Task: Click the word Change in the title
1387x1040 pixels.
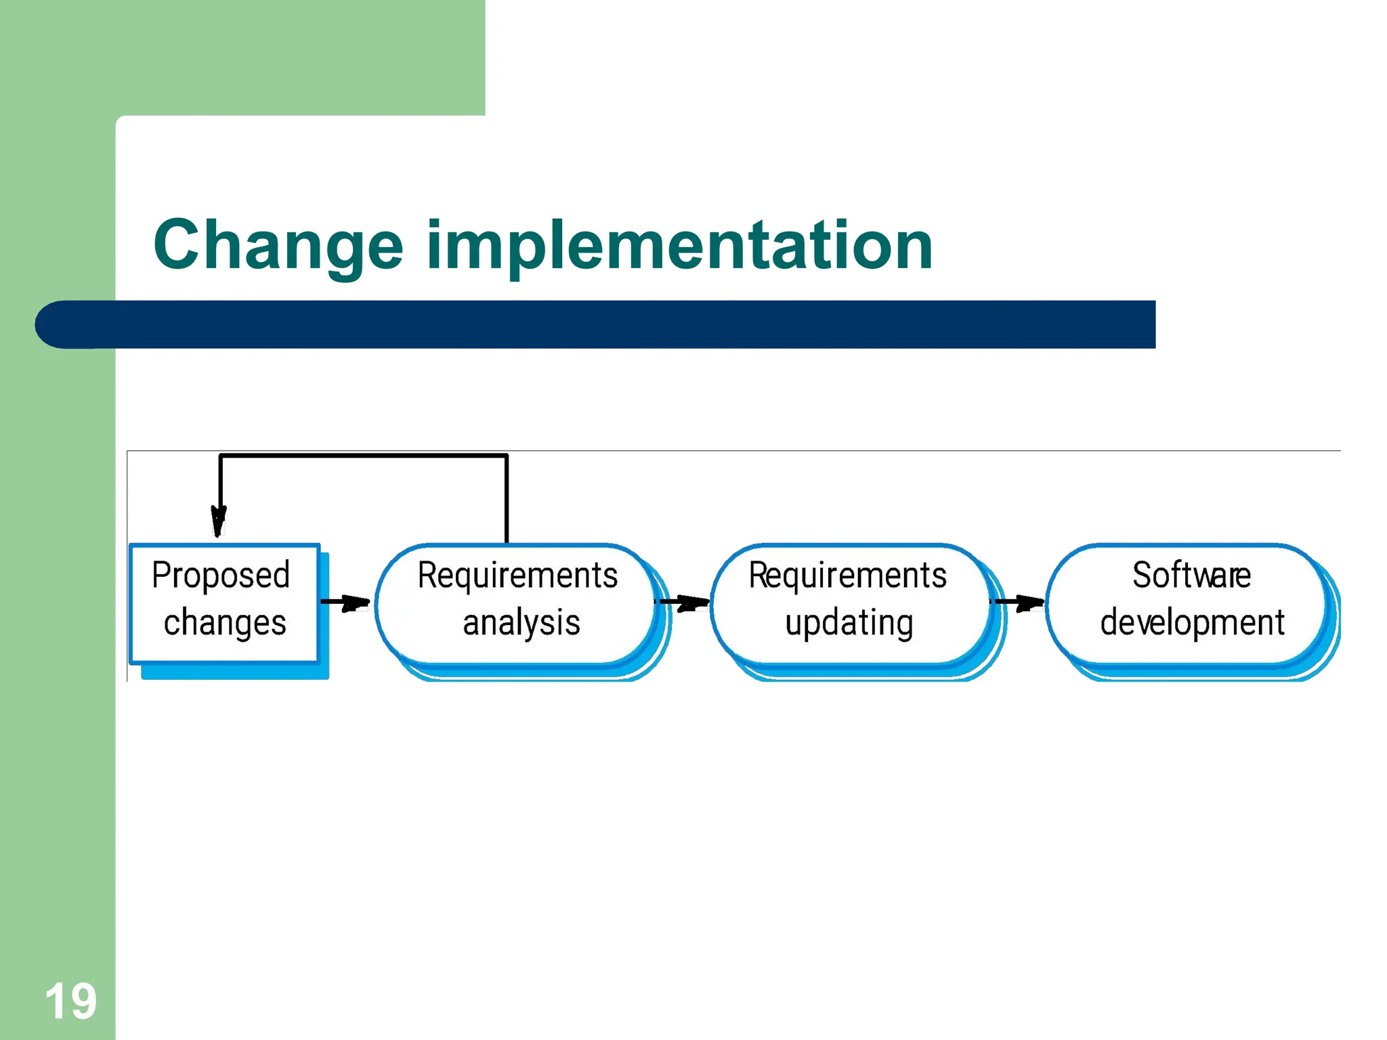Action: click(x=278, y=245)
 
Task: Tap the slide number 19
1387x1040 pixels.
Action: click(x=70, y=1001)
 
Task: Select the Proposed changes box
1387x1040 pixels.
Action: click(x=224, y=603)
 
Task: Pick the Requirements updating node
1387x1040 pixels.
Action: click(x=850, y=603)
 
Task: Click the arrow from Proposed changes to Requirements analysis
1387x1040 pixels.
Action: click(x=345, y=602)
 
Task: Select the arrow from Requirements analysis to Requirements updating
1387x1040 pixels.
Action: click(x=683, y=602)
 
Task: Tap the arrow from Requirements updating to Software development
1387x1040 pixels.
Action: click(x=1019, y=602)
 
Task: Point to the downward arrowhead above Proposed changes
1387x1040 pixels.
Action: click(x=219, y=521)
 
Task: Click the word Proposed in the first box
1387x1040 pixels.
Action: click(x=221, y=576)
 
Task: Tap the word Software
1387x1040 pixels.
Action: click(x=1191, y=576)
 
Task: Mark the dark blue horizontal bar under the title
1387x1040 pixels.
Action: click(x=610, y=324)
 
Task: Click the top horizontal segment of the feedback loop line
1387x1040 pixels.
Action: click(x=364, y=456)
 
